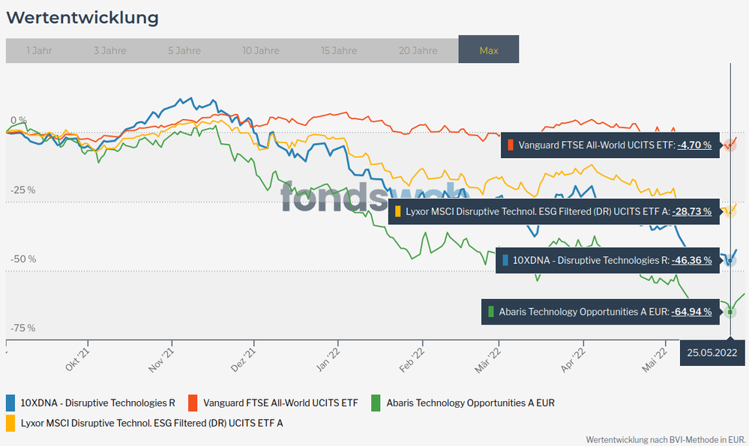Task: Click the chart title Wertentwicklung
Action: [82, 17]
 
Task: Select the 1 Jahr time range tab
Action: [39, 51]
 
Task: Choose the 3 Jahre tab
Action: [109, 51]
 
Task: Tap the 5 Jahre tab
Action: [184, 51]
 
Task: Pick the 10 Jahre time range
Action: [262, 51]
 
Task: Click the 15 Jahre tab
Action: [339, 51]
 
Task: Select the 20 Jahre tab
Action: [418, 51]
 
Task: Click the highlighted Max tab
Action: [489, 51]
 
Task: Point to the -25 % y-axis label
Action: [22, 190]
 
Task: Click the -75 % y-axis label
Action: [22, 328]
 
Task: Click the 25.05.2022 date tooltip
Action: [712, 352]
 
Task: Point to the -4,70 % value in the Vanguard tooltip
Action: [694, 145]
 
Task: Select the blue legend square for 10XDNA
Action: [11, 403]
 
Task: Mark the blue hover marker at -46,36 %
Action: [730, 261]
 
